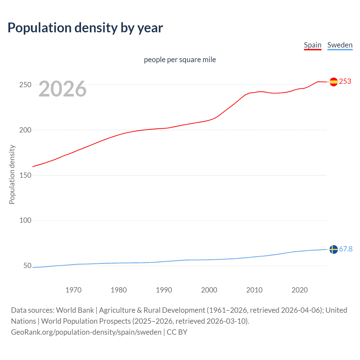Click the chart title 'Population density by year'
click(x=85, y=28)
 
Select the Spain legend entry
click(x=312, y=45)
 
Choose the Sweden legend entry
click(x=340, y=45)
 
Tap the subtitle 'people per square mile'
click(x=180, y=60)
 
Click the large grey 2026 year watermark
click(x=62, y=89)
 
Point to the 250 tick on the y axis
click(x=25, y=85)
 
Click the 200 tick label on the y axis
click(x=25, y=130)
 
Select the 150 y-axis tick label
click(x=25, y=175)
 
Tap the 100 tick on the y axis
click(x=25, y=220)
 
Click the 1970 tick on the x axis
click(x=73, y=290)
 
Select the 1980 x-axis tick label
click(x=119, y=290)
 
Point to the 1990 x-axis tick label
click(x=164, y=290)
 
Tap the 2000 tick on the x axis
click(x=209, y=290)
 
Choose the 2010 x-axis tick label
click(x=254, y=290)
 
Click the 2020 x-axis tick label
click(x=300, y=290)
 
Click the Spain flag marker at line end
click(x=334, y=82)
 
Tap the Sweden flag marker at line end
click(x=334, y=249)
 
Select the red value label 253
click(x=345, y=81)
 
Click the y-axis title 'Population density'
click(x=12, y=174)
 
